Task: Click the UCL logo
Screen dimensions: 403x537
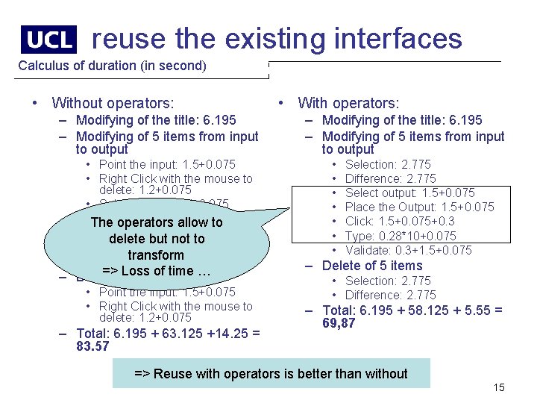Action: point(48,40)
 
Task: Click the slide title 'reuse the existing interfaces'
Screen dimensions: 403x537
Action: point(277,38)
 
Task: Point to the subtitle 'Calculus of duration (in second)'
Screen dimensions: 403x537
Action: point(112,66)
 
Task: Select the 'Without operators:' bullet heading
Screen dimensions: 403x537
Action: point(113,103)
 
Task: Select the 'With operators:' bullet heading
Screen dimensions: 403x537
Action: point(348,103)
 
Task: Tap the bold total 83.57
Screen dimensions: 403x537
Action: point(92,346)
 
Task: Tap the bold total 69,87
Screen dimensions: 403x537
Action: point(339,323)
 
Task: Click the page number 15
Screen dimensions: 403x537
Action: point(499,387)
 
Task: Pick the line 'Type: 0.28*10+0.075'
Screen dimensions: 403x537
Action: point(401,236)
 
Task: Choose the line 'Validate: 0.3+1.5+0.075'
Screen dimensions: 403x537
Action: point(408,250)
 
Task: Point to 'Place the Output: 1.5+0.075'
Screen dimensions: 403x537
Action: point(419,207)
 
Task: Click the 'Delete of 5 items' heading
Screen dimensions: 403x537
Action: point(371,266)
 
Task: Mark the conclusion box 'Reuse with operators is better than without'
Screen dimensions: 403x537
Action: point(271,374)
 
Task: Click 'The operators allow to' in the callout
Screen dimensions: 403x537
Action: point(156,222)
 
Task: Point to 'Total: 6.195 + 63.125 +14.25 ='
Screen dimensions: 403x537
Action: point(168,334)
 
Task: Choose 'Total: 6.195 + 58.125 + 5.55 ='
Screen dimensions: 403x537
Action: point(412,310)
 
